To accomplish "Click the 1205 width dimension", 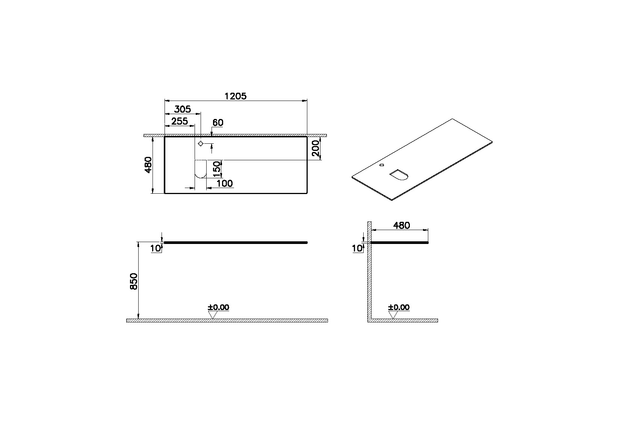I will pos(235,96).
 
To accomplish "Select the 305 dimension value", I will pos(182,109).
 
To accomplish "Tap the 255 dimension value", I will pos(179,121).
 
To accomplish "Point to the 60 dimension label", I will pos(218,123).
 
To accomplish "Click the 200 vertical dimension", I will pos(316,148).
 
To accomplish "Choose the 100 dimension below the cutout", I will pos(225,184).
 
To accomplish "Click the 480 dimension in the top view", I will pos(148,165).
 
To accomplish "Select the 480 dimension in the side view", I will pos(401,226).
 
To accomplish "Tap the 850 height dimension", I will pos(134,281).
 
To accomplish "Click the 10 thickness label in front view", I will pos(155,248).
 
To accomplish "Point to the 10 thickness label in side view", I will pos(357,248).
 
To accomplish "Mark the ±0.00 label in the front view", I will pos(218,307).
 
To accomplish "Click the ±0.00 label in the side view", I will pos(399,307).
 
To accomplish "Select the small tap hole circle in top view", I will pos(201,144).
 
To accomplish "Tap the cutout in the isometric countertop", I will pos(399,175).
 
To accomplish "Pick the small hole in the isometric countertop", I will pos(382,165).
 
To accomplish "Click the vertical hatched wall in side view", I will pos(369,278).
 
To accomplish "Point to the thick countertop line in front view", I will pos(236,243).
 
